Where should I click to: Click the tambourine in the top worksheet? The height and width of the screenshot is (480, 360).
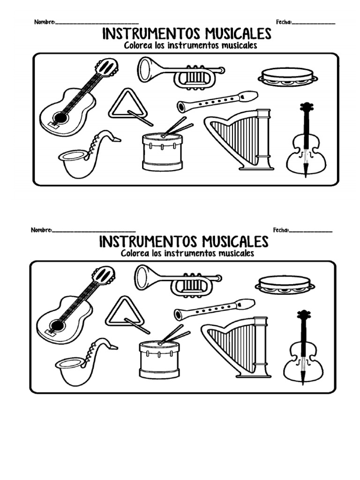tap(287, 76)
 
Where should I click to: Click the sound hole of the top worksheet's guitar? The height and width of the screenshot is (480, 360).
tap(60, 116)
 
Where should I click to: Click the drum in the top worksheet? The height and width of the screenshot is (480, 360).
tap(162, 151)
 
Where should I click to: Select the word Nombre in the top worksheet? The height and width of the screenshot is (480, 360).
tap(44, 22)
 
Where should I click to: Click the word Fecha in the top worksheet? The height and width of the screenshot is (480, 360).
tap(283, 22)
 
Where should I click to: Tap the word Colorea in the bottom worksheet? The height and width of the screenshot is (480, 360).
tap(135, 253)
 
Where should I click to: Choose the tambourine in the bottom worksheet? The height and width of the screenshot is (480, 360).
tap(285, 284)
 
